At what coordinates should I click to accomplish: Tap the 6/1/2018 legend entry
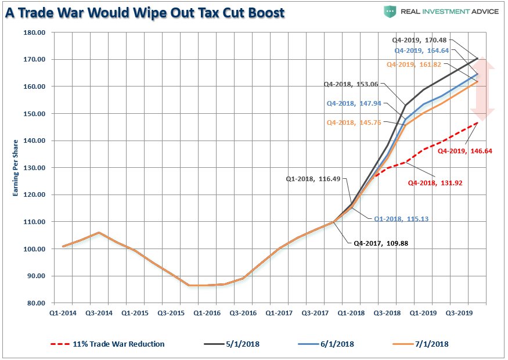(x=326, y=344)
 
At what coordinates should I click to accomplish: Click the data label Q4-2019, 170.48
(x=421, y=40)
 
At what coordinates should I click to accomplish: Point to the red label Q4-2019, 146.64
(x=462, y=151)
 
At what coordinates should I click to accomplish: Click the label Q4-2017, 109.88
(x=381, y=243)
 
